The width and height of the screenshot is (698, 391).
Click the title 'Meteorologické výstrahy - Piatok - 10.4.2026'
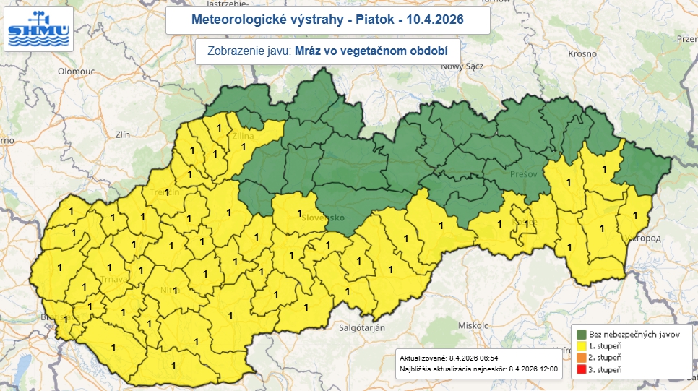pyautogui.click(x=327, y=20)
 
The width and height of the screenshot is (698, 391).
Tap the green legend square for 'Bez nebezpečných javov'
pyautogui.click(x=581, y=333)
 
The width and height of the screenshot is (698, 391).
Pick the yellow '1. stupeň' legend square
pyautogui.click(x=581, y=345)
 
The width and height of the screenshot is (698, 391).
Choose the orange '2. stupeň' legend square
pyautogui.click(x=581, y=358)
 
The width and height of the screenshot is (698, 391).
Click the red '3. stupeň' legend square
pyautogui.click(x=581, y=370)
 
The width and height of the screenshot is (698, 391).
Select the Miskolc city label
pyautogui.click(x=474, y=325)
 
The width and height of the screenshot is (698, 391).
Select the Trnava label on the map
pyautogui.click(x=94, y=280)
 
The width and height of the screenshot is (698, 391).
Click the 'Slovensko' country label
pyautogui.click(x=324, y=217)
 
